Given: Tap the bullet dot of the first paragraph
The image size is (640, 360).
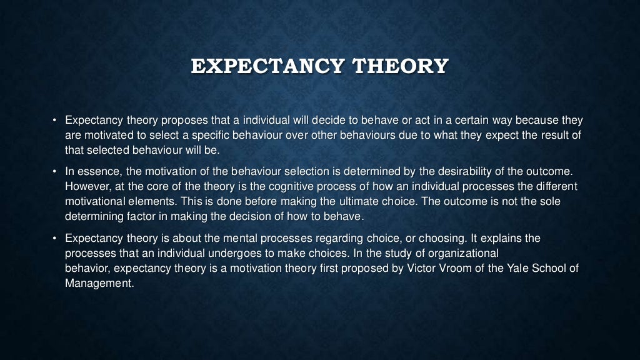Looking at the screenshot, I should tap(54, 120).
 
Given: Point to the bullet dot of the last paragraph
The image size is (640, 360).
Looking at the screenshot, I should tap(54, 239).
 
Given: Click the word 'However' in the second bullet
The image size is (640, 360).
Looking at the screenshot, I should tap(86, 187).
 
